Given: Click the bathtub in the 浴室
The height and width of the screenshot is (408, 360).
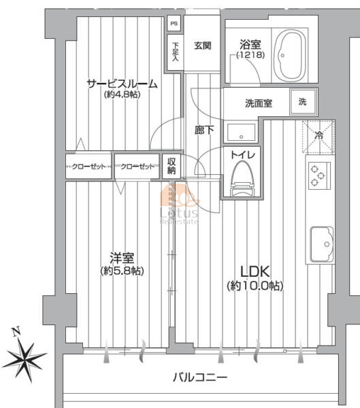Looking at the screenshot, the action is [x=290, y=56].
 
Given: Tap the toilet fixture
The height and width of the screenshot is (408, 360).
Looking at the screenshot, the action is [x=242, y=178].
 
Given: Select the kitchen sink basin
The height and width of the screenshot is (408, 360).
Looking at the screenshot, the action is [x=322, y=244].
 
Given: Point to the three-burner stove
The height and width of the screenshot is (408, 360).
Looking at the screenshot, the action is [x=319, y=175].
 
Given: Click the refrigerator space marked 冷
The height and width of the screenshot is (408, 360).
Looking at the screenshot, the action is [x=318, y=137].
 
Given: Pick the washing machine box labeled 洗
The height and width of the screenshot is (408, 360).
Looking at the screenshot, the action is [x=304, y=102].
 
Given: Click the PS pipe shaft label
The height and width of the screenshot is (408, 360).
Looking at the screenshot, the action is [x=174, y=23].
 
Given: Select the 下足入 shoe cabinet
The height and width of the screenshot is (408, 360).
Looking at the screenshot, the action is [x=175, y=53].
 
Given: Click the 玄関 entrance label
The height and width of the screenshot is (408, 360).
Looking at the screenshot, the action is [x=202, y=46].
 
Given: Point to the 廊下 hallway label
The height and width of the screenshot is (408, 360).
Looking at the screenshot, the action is [x=204, y=130].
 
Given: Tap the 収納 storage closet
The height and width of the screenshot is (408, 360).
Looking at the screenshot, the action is [x=171, y=167].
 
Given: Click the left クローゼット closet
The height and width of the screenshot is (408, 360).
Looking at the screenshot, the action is [x=88, y=167].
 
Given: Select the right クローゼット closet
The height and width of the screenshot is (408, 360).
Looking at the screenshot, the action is [x=137, y=167].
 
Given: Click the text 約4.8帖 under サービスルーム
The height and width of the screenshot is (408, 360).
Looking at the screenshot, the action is [x=122, y=95].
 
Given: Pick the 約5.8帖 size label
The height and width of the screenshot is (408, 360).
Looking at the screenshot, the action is [x=122, y=271].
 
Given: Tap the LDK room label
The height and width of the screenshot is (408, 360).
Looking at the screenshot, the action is [x=255, y=271].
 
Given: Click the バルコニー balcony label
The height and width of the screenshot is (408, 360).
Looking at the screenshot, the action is [x=200, y=377].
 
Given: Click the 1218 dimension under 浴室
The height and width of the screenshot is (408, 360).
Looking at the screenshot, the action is [x=250, y=55].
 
